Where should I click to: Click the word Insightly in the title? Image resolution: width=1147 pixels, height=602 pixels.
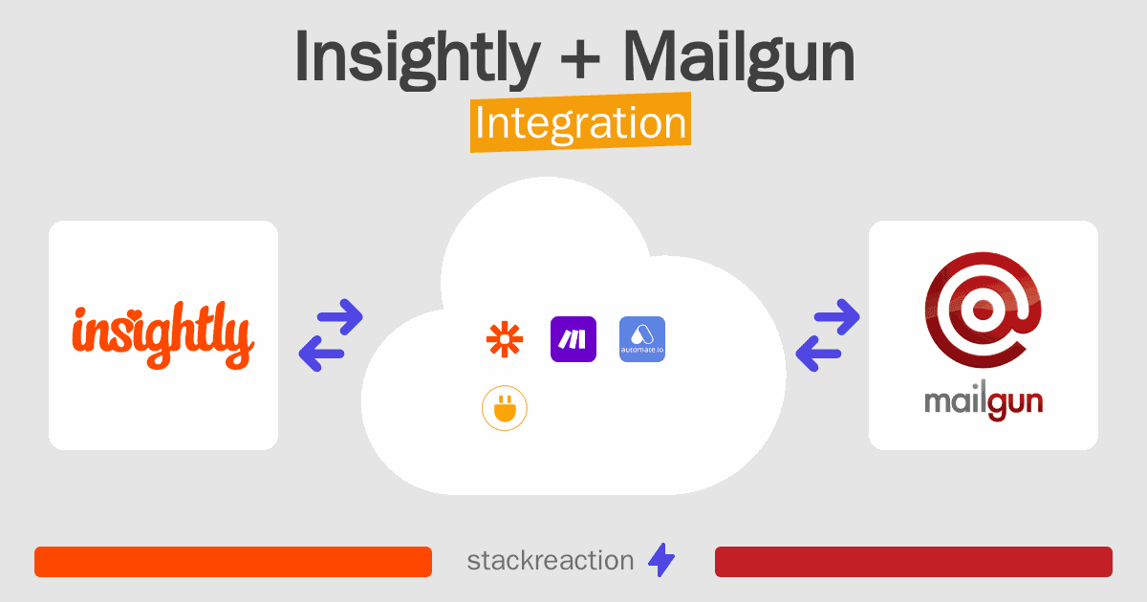click(x=418, y=58)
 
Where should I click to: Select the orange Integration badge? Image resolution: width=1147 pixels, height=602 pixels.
click(x=581, y=122)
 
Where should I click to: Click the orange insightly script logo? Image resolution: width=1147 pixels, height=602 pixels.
click(x=163, y=335)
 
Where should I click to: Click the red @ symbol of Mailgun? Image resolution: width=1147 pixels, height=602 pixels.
click(x=984, y=310)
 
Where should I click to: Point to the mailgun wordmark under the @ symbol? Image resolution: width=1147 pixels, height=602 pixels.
click(x=984, y=402)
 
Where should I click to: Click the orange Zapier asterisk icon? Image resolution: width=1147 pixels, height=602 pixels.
click(x=505, y=339)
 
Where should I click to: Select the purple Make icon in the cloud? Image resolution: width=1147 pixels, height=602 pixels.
click(x=573, y=339)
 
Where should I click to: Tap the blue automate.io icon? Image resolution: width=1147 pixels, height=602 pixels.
click(x=642, y=339)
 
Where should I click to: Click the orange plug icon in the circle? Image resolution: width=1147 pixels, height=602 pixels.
click(x=505, y=408)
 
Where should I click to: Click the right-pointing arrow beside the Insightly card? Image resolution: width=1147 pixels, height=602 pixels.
click(x=340, y=317)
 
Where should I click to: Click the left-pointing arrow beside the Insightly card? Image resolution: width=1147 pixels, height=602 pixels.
click(x=321, y=354)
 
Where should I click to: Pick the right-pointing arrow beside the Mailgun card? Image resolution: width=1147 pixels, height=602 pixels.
click(x=836, y=317)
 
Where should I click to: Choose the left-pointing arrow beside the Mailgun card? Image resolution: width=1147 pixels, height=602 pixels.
click(x=818, y=354)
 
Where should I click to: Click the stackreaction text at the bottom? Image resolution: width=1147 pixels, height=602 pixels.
click(x=551, y=561)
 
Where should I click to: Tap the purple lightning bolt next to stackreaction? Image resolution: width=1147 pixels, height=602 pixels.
click(x=661, y=560)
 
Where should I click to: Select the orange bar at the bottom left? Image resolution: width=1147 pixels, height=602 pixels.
click(x=233, y=562)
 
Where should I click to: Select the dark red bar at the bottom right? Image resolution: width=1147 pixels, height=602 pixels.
click(x=914, y=562)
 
